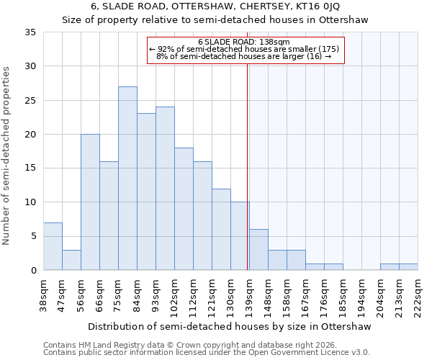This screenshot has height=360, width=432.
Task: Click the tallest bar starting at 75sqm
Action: click(x=127, y=179)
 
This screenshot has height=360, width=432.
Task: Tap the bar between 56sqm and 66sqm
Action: click(x=90, y=202)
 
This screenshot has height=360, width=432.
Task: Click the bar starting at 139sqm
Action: click(x=258, y=250)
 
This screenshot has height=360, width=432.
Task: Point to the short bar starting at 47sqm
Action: click(x=71, y=260)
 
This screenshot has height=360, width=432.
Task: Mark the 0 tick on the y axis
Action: click(x=33, y=271)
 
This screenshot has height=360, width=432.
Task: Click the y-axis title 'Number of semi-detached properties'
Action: click(x=7, y=156)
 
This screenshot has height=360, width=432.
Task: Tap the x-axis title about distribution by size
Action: click(x=230, y=326)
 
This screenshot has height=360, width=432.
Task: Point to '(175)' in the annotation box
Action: click(x=328, y=49)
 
